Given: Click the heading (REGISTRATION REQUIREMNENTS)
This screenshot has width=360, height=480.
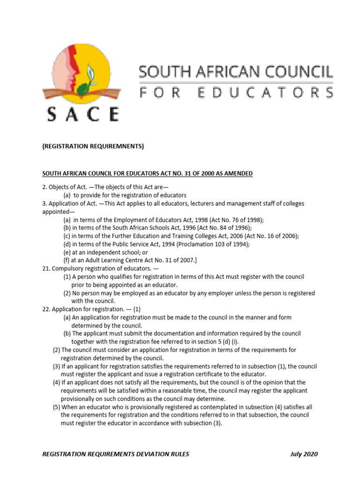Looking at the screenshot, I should pyautogui.click(x=93, y=147).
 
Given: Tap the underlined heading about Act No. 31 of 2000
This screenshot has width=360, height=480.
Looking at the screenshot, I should pyautogui.click(x=148, y=173).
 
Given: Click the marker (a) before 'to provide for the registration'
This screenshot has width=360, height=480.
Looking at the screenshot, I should pyautogui.click(x=67, y=195).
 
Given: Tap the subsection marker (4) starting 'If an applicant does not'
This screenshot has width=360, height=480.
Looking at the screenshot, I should pyautogui.click(x=56, y=382).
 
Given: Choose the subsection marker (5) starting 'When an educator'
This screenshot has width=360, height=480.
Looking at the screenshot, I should pyautogui.click(x=56, y=407).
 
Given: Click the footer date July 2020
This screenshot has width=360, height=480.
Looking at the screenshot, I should pyautogui.click(x=304, y=454).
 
